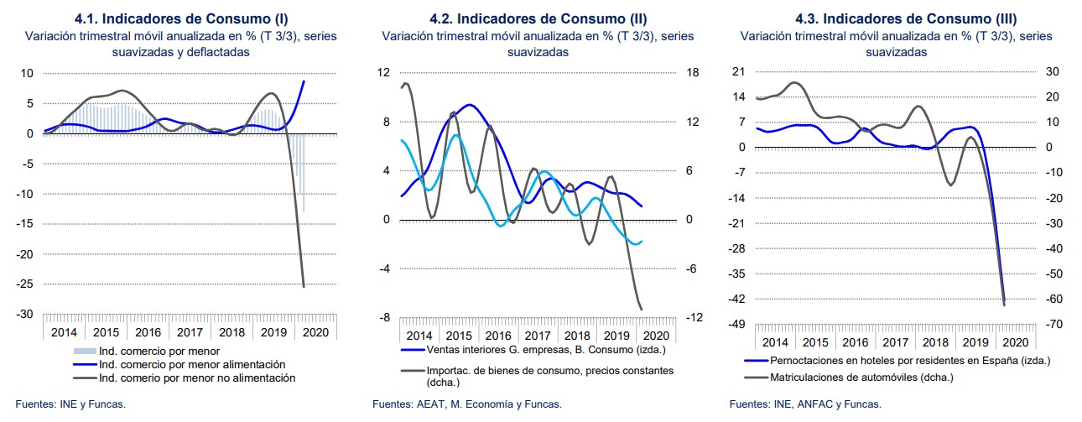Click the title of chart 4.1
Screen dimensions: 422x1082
183,18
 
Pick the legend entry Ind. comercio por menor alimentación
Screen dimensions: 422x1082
192,365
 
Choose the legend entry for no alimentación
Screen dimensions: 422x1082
197,378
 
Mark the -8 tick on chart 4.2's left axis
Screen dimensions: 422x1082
384,318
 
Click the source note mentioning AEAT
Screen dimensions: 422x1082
467,404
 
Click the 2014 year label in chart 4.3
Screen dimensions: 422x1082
775,343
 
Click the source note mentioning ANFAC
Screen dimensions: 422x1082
805,404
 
